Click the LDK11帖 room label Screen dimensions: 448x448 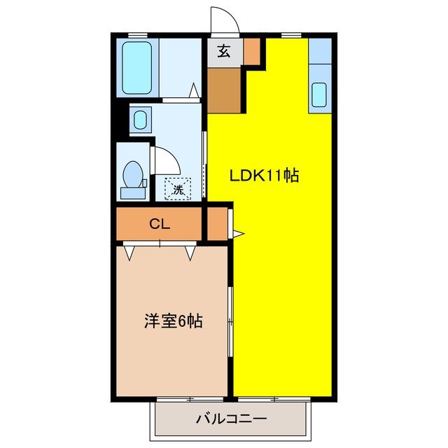click(x=265, y=176)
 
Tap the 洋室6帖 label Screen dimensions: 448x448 click(x=174, y=321)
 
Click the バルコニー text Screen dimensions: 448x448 click(x=230, y=420)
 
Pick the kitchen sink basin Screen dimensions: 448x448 click(x=319, y=94)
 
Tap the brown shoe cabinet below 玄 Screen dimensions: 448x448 click(x=225, y=90)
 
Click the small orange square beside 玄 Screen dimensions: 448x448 click(x=251, y=50)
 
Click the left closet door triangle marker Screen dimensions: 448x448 click(x=129, y=251)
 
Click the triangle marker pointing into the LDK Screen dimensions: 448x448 click(x=238, y=232)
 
